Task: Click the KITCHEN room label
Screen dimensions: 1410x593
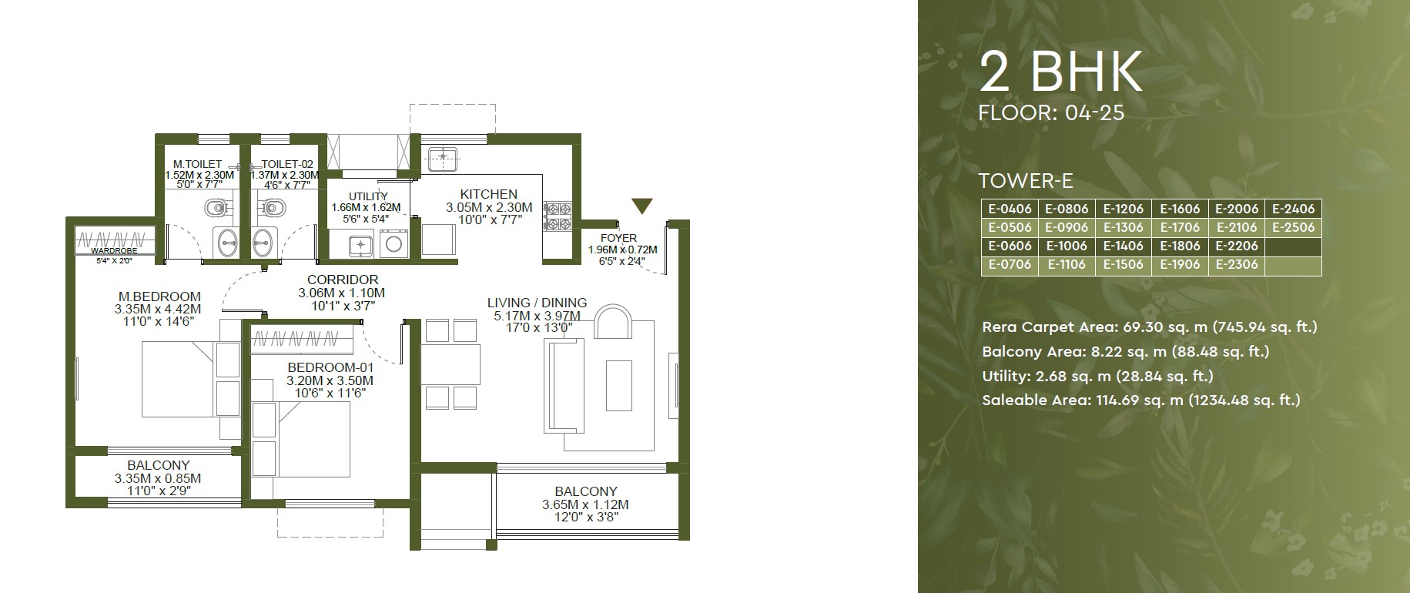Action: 488,194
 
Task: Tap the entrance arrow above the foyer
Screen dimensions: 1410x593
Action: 642,206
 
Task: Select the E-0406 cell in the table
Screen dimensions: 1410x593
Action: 1010,209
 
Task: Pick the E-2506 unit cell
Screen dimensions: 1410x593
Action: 1294,227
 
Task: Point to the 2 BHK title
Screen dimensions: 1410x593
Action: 1061,73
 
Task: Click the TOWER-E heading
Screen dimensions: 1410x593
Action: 1026,181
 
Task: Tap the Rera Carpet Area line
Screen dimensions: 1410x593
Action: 1150,327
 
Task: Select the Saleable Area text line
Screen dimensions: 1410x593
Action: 1141,400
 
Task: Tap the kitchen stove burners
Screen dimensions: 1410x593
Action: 557,216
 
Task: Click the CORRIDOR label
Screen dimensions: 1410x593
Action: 343,280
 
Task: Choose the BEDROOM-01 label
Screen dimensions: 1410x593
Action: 330,367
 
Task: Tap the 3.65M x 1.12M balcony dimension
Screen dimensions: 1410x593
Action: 585,504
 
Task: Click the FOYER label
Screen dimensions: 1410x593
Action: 618,238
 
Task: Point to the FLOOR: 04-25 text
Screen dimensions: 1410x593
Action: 1051,112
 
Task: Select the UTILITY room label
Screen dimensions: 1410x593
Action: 368,196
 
